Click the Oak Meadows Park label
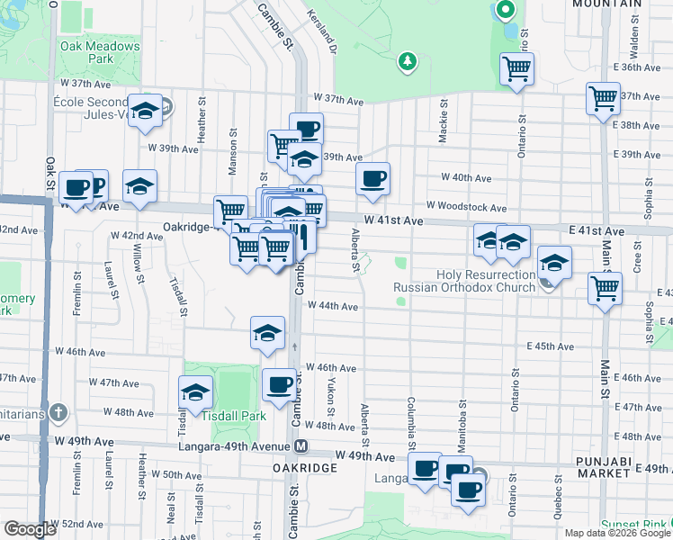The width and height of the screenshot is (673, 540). tap(101, 52)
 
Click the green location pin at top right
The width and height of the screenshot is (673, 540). tap(505, 12)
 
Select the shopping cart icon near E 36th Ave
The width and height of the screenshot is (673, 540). tap(517, 67)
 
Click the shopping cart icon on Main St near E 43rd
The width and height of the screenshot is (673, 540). tap(605, 288)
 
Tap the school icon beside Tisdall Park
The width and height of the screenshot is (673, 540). tap(194, 392)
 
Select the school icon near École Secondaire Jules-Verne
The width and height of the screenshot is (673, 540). tap(144, 111)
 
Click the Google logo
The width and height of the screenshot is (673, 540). tap(31, 529)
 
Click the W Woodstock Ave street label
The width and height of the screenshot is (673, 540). tap(466, 207)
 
